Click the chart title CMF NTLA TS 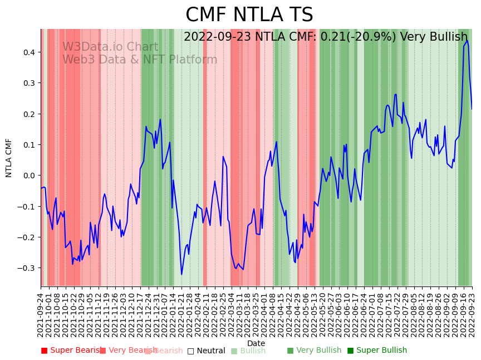pos(249,15)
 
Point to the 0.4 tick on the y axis pos(30,52)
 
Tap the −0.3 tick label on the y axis pos(27,268)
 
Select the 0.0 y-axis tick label pos(30,176)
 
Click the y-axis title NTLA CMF pos(9,158)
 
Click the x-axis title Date pos(256,343)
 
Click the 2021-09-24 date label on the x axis pos(41,315)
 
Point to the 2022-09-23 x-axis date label pos(472,315)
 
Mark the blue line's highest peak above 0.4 pos(467,41)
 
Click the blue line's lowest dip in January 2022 pos(181,274)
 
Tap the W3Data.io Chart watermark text pos(110,47)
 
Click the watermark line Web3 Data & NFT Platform pos(140,60)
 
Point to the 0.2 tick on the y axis pos(30,114)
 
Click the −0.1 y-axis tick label pos(27,206)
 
